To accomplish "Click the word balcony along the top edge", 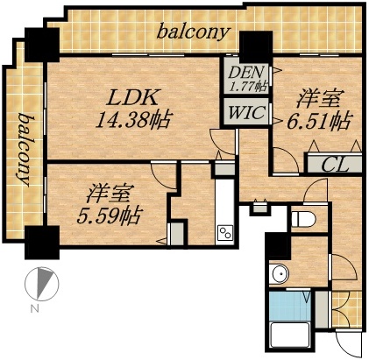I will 194,32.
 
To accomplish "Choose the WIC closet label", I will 242,111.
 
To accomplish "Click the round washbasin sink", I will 280,273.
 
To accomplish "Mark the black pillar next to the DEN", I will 255,45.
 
